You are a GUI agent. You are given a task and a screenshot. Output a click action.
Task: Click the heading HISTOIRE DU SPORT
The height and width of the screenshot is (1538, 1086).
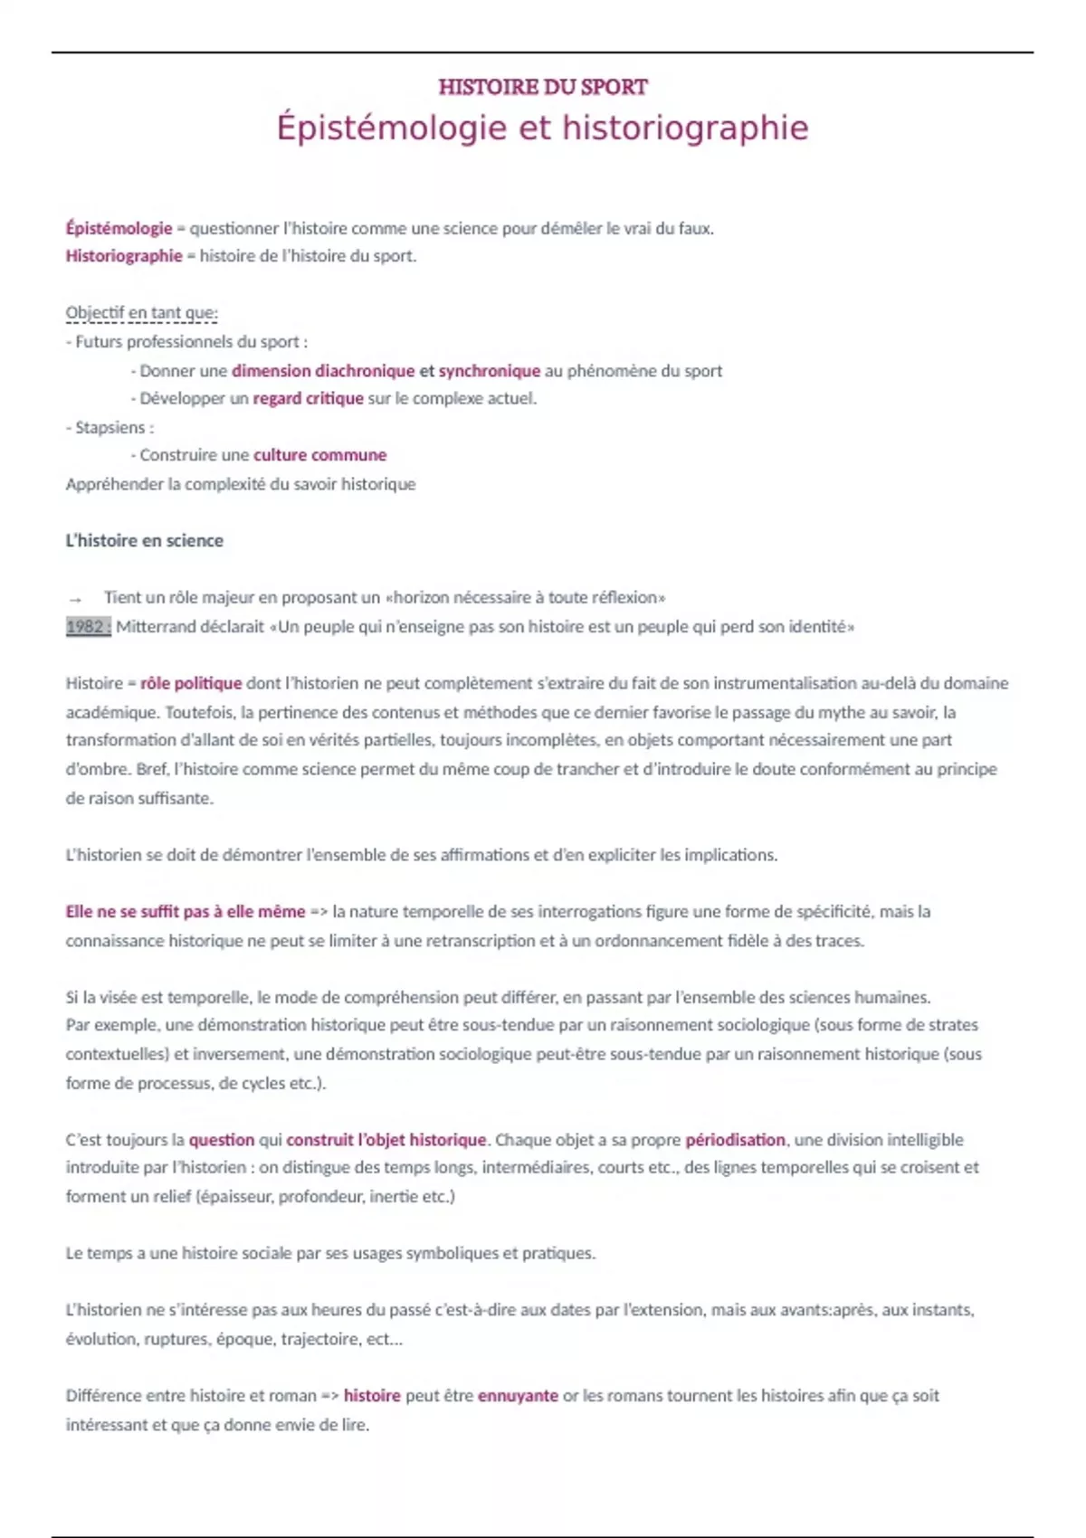pyautogui.click(x=543, y=87)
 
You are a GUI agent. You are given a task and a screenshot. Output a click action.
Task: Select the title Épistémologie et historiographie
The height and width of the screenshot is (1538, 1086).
pyautogui.click(x=542, y=128)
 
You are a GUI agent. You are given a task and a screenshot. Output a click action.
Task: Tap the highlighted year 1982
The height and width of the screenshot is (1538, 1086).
pyautogui.click(x=88, y=626)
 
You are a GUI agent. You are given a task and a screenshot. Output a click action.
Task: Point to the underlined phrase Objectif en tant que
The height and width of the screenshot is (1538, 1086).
pyautogui.click(x=141, y=313)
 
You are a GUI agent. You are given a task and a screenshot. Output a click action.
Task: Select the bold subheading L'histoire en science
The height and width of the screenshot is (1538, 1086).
pyautogui.click(x=144, y=540)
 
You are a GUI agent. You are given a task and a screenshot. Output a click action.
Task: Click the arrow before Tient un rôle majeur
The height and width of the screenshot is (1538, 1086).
pyautogui.click(x=75, y=599)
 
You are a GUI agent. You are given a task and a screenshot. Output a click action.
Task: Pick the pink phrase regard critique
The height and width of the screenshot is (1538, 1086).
pyautogui.click(x=308, y=398)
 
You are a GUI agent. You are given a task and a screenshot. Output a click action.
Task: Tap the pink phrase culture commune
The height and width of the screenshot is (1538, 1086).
pyautogui.click(x=319, y=455)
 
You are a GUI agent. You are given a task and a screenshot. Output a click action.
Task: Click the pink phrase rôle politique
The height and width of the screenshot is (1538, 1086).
pyautogui.click(x=191, y=683)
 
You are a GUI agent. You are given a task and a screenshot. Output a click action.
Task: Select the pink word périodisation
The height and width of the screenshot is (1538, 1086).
pyautogui.click(x=735, y=1140)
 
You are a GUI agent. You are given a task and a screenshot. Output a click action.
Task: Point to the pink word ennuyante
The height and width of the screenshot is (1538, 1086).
pyautogui.click(x=518, y=1395)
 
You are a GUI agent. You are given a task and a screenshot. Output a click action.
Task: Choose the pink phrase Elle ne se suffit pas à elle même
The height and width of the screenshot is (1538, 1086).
pyautogui.click(x=186, y=911)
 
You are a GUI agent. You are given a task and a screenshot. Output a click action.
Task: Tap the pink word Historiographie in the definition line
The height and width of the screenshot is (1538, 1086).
pyautogui.click(x=124, y=256)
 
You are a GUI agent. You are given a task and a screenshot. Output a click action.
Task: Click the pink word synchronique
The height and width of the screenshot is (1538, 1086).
pyautogui.click(x=489, y=370)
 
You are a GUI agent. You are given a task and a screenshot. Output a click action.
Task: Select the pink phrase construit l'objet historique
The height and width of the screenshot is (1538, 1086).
pyautogui.click(x=386, y=1140)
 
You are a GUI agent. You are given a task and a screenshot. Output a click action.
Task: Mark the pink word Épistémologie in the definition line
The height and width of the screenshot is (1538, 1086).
pyautogui.click(x=119, y=228)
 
